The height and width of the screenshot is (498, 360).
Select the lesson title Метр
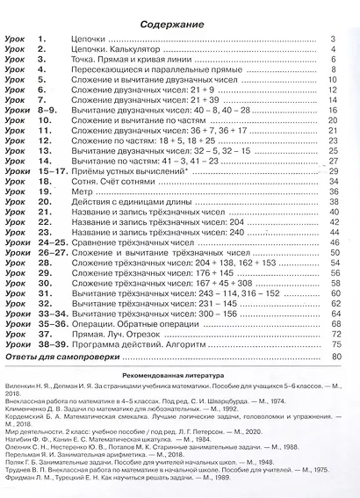[x=84, y=186]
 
